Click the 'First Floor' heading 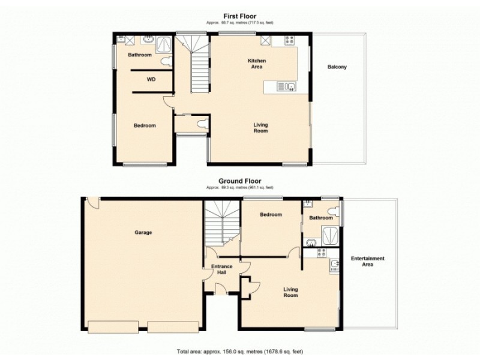coord(240,17)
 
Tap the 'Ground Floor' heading coord(240,181)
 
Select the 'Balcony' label coord(337,67)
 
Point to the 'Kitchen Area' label coord(257,64)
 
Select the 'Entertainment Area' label coord(367,261)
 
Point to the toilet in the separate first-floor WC coord(202,124)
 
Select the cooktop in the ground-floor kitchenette coord(334,266)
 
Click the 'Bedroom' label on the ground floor coord(271,214)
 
